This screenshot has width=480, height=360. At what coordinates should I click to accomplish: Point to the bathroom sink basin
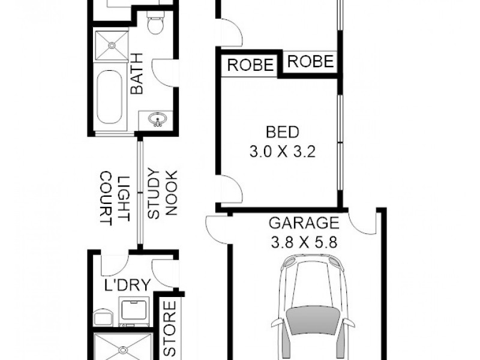click(158, 120)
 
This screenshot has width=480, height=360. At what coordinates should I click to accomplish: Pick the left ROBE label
click(250, 64)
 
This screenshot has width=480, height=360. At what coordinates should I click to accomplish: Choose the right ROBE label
click(310, 61)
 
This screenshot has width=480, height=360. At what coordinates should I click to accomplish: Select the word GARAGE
click(303, 224)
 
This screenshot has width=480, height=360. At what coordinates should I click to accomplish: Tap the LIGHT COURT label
click(115, 198)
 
